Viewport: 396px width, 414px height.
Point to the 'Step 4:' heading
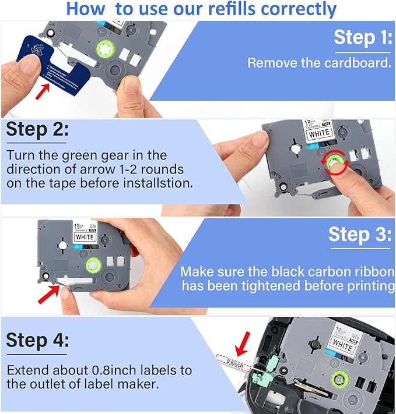tap(36, 340)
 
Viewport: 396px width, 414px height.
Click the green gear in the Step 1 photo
tap(112, 49)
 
